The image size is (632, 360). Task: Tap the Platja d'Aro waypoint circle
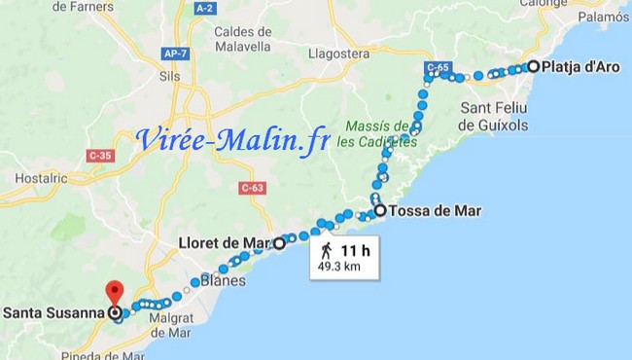533,67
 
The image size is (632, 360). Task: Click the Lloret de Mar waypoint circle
279,243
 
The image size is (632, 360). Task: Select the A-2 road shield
204,8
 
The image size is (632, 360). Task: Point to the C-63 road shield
252,188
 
